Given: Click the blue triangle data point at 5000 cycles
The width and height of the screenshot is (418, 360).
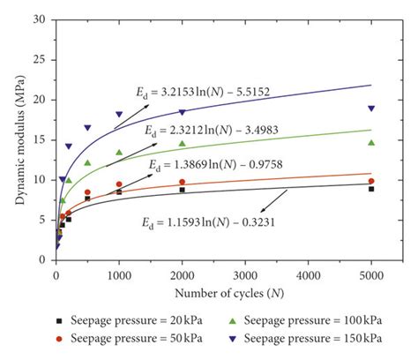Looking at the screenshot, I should point(371,109).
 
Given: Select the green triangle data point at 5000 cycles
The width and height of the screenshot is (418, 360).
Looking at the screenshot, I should point(371,142).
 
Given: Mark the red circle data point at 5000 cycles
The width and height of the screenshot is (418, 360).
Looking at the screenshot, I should point(371,181).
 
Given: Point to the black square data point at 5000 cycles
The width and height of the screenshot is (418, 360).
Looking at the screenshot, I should point(371,189).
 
